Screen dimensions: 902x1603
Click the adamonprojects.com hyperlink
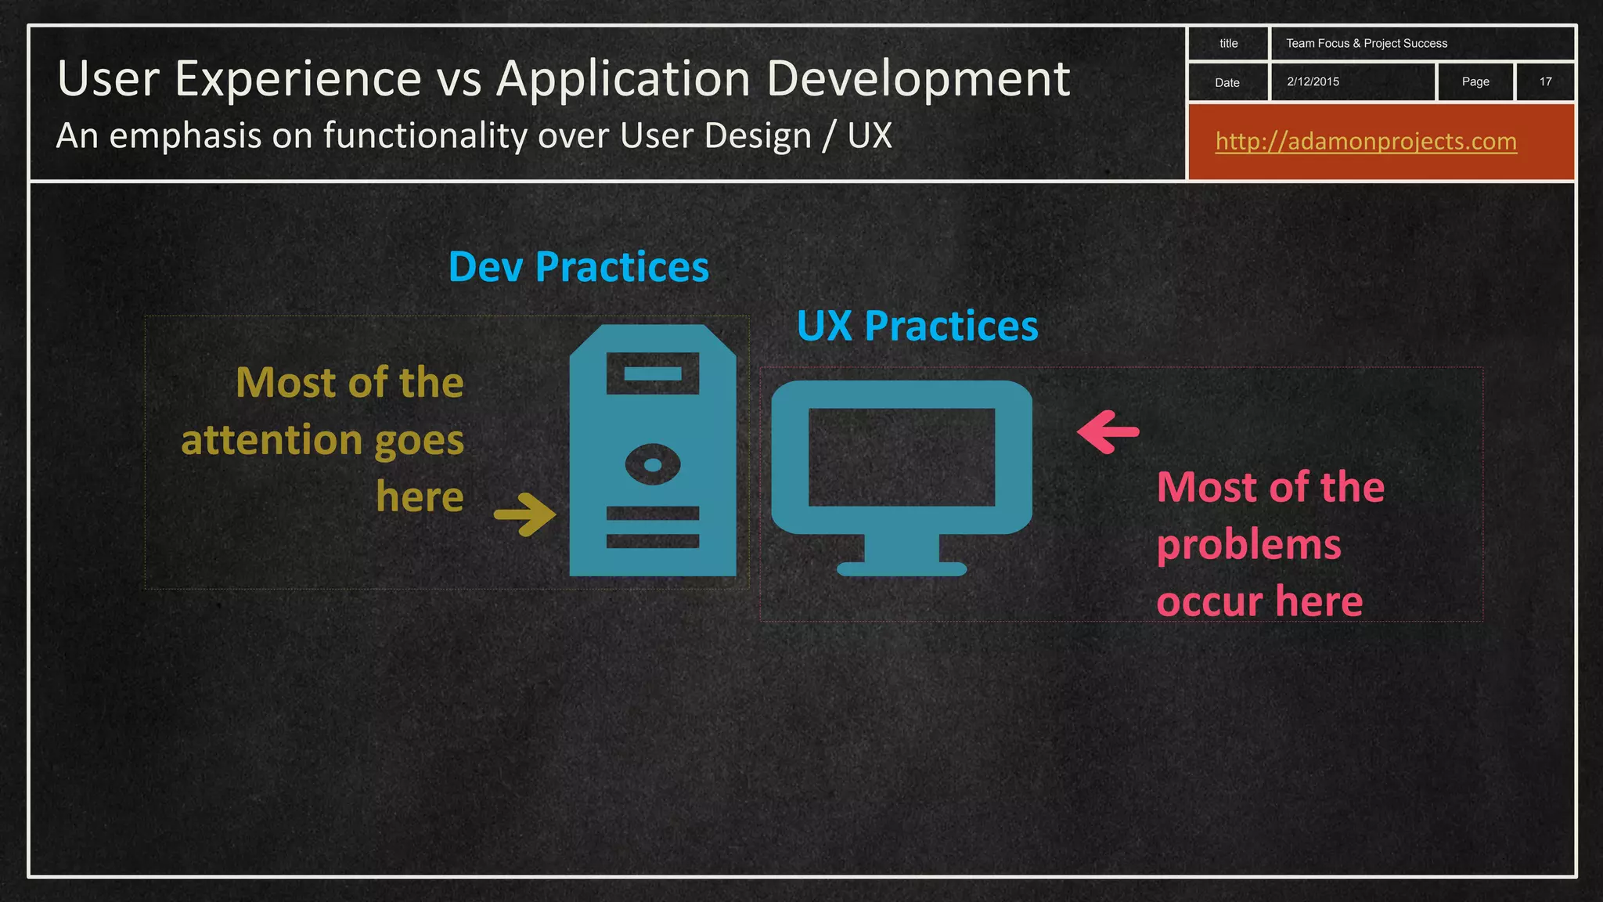click(1366, 142)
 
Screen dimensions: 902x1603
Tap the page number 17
click(1545, 81)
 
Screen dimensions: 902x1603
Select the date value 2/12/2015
click(1313, 81)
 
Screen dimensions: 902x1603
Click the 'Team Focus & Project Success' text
click(1366, 44)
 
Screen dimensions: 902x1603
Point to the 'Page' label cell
click(1475, 81)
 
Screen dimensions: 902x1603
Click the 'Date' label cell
click(1227, 82)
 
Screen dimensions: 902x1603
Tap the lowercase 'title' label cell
click(1228, 44)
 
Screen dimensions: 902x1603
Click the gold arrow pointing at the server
click(525, 514)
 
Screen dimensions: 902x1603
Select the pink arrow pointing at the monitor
click(1108, 431)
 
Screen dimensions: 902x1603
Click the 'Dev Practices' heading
click(578, 267)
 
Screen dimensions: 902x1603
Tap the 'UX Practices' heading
click(917, 326)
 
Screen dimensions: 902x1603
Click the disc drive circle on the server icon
click(653, 465)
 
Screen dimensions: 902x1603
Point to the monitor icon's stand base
click(902, 568)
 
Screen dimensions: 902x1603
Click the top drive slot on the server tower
click(653, 373)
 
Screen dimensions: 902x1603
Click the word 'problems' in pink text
click(1248, 545)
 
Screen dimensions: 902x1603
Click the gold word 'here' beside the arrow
click(420, 497)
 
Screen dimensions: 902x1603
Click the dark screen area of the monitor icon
click(901, 457)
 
